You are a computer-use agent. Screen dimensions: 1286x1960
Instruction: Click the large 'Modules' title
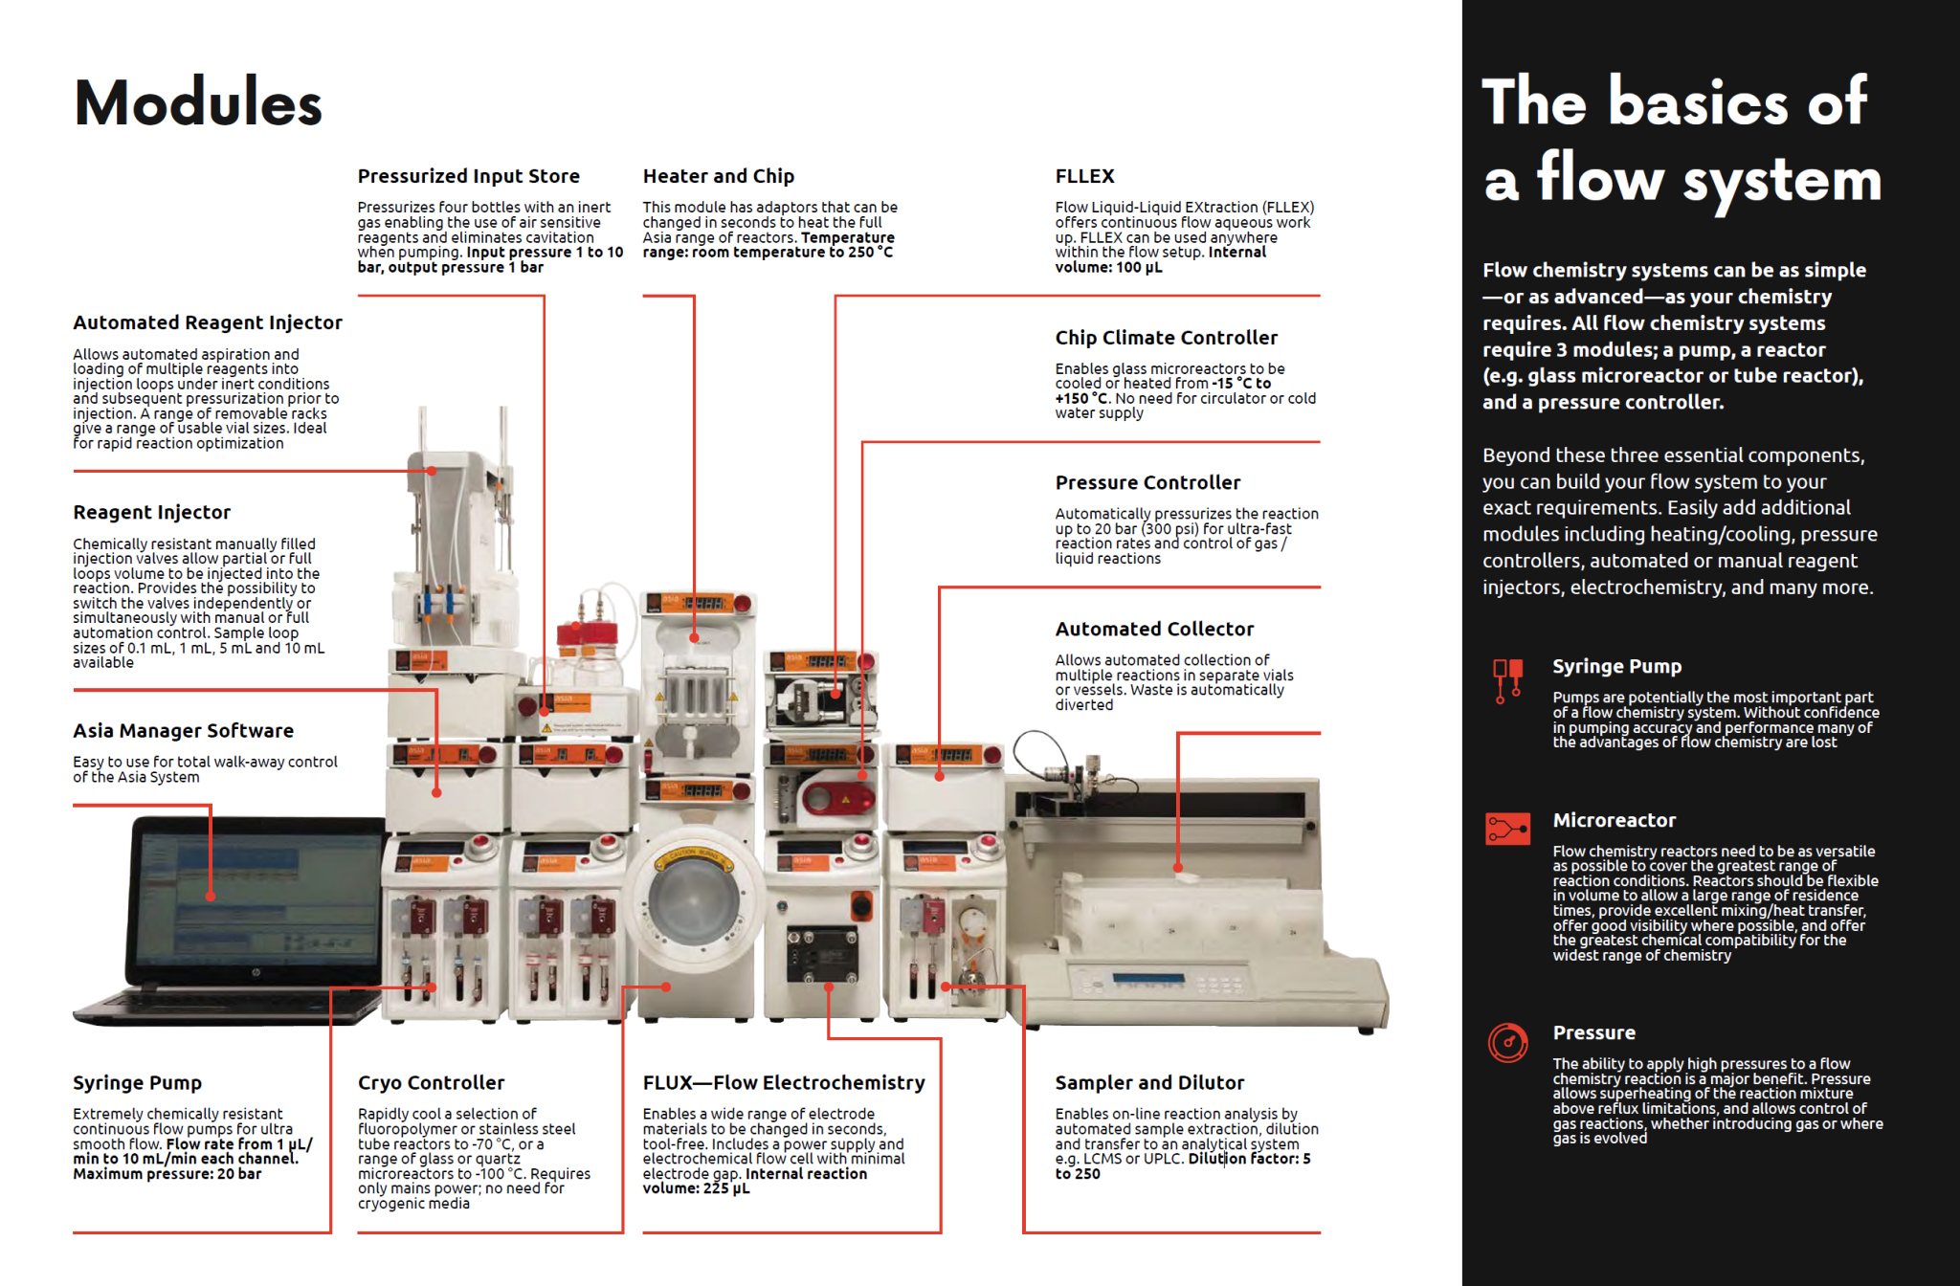click(198, 102)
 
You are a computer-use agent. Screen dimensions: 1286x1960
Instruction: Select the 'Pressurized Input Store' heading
click(468, 176)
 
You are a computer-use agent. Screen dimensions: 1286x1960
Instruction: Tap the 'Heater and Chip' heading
click(718, 176)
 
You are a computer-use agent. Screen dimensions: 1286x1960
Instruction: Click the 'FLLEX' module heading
click(1084, 176)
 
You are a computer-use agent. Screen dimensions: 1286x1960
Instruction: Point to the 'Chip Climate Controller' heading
click(1166, 338)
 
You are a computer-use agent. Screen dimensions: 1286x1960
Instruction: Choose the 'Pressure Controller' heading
click(1147, 483)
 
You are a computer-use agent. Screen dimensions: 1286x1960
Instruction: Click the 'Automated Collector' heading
click(1154, 630)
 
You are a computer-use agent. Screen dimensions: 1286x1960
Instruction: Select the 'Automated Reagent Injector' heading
click(207, 323)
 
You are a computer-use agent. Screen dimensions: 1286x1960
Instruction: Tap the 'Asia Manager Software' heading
click(183, 731)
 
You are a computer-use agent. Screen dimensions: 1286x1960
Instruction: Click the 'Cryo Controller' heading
click(431, 1083)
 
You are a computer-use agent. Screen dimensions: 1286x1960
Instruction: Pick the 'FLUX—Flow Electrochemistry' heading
click(783, 1083)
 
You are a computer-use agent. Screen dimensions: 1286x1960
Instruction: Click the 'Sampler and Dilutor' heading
click(1149, 1083)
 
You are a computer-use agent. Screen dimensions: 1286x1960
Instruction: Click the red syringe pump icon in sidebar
click(1507, 679)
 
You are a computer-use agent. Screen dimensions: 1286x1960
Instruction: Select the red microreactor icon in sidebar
click(1507, 828)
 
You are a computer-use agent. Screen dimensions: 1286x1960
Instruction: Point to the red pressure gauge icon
click(1508, 1042)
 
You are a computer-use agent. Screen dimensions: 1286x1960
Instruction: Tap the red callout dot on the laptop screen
click(211, 897)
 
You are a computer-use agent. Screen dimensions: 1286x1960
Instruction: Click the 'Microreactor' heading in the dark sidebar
click(1614, 821)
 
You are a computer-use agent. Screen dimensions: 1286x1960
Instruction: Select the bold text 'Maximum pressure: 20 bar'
click(167, 1174)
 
